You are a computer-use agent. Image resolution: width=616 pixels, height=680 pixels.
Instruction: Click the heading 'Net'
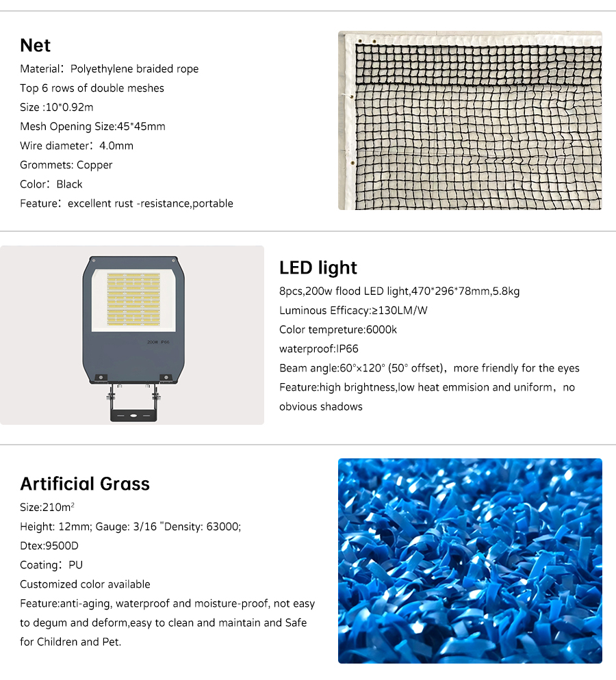click(36, 46)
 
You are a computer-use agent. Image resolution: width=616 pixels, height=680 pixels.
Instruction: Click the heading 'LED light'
click(318, 267)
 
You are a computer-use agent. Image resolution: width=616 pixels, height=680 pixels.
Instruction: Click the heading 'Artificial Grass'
click(85, 484)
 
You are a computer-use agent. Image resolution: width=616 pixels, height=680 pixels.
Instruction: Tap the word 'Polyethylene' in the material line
click(102, 69)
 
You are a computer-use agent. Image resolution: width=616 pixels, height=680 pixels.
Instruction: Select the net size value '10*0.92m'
click(68, 107)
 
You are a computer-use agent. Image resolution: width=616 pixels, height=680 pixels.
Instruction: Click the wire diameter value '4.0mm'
click(116, 146)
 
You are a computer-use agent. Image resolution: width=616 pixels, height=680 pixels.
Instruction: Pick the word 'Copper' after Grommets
click(94, 165)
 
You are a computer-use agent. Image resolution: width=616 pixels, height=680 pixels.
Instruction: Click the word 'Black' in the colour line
click(70, 184)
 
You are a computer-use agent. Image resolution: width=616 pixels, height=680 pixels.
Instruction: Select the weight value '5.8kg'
click(506, 291)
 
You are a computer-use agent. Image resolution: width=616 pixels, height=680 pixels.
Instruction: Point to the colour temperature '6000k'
click(381, 330)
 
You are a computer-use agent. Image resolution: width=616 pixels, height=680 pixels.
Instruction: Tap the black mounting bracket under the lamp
click(133, 411)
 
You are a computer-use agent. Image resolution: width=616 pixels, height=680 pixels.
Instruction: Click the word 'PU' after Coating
click(75, 565)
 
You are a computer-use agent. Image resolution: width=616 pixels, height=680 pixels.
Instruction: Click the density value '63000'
click(223, 527)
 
